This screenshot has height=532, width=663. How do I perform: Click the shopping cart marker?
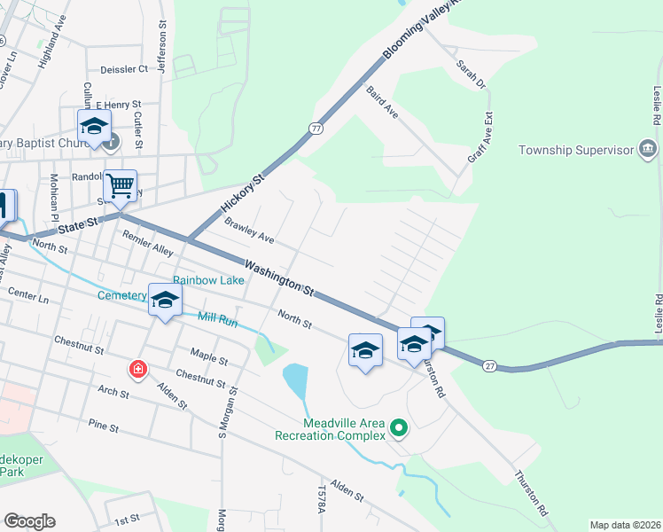point(120,186)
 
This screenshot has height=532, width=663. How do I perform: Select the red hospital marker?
point(137,369)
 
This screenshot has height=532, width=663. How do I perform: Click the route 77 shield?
point(316,129)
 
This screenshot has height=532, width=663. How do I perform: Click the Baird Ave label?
point(381,102)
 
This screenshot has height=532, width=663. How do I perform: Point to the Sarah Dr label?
point(471,74)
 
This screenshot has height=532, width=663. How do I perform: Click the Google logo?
point(29,521)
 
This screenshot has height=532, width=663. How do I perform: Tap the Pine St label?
point(104,426)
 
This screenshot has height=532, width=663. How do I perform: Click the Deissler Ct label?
point(124,68)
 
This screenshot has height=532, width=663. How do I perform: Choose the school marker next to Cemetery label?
point(165,300)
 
